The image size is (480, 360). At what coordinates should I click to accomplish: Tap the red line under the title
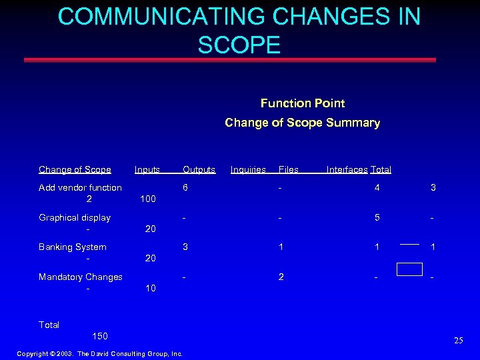point(230,60)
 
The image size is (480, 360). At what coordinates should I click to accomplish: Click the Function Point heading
point(303,103)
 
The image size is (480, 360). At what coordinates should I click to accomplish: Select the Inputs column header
point(147,170)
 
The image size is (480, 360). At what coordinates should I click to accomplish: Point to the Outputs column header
point(199,170)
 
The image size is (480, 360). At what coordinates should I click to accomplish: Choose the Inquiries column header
point(248,170)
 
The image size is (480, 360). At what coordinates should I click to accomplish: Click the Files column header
point(289,170)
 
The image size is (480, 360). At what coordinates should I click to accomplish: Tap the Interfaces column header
point(347,170)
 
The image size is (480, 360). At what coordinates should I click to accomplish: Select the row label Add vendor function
point(80,188)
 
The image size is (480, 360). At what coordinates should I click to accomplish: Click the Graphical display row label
point(75,217)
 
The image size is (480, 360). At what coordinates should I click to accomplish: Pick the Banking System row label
point(73,247)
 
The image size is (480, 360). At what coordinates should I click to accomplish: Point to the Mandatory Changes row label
point(81,277)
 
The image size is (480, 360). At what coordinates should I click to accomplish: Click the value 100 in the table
point(147,199)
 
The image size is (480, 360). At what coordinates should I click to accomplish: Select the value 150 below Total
point(100,336)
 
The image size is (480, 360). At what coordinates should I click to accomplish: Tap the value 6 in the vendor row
point(186,188)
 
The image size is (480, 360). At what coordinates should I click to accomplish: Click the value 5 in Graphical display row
point(377,217)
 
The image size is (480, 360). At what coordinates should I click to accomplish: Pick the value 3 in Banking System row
point(186,247)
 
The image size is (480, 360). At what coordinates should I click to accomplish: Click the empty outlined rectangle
point(409,269)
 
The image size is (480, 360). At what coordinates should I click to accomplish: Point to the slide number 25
point(458,341)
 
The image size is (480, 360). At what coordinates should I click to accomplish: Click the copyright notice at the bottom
point(99,353)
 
